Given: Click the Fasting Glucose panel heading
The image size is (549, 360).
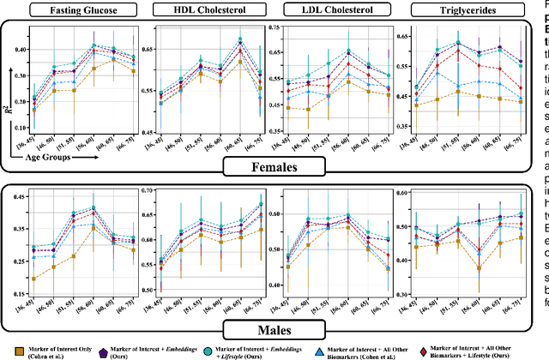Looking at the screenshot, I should point(77,11).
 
